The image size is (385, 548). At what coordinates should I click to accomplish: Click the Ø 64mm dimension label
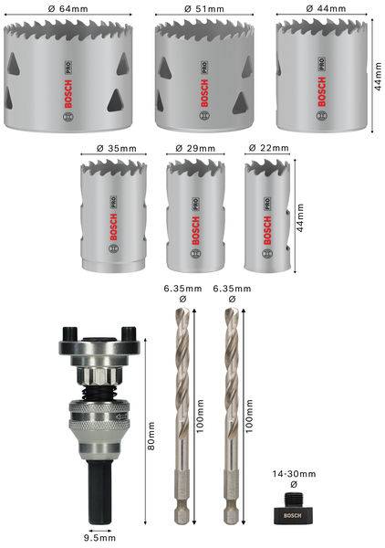[x=72, y=9]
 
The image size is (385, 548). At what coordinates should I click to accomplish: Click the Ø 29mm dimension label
[x=197, y=147]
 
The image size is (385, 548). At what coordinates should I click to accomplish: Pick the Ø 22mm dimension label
[x=267, y=147]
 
